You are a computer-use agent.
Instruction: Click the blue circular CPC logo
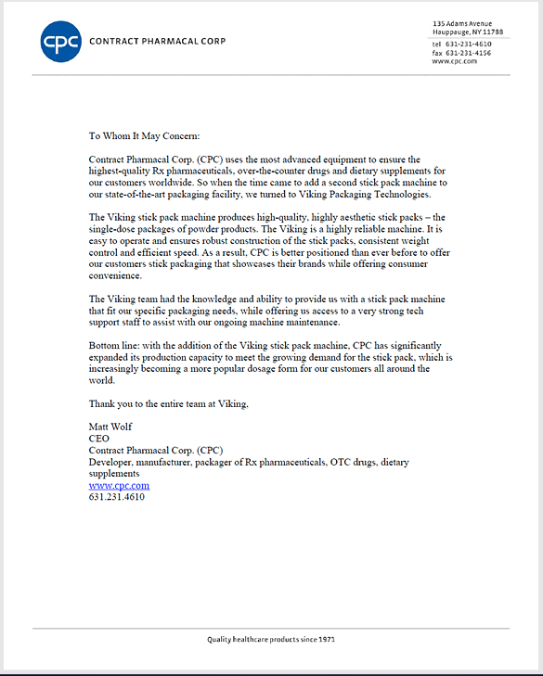point(61,41)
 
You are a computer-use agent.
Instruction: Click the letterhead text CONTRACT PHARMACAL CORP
point(157,42)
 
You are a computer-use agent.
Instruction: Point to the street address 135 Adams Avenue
point(462,23)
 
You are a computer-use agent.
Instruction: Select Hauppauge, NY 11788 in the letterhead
point(468,32)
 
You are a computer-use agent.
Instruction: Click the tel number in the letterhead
point(469,44)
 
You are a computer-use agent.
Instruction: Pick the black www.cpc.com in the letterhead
point(454,61)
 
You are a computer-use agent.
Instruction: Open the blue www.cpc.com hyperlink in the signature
point(119,485)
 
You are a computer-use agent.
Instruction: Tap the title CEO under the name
point(98,439)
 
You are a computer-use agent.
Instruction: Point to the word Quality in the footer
point(221,640)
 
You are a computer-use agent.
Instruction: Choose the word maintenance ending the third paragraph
point(315,323)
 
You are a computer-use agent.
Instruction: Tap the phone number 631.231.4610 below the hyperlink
point(116,497)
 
